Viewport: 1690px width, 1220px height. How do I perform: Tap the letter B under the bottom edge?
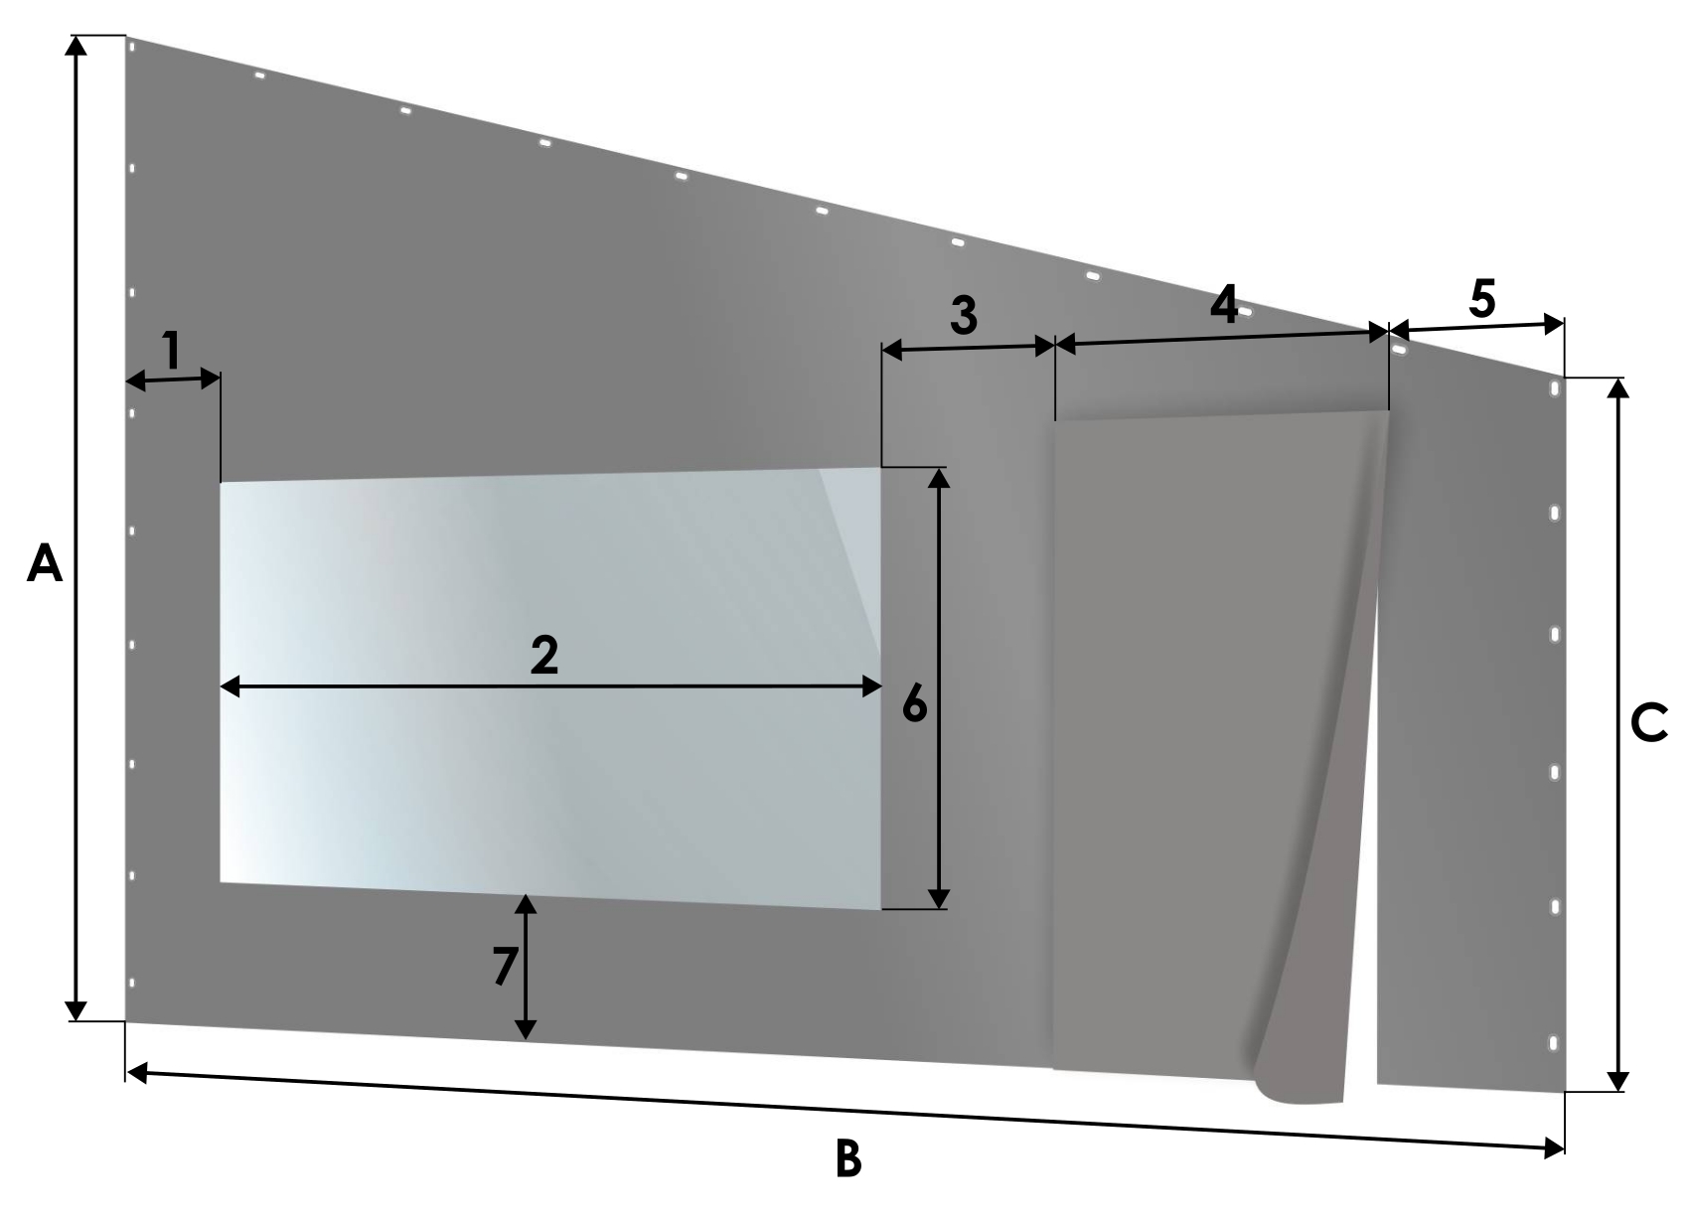848,1158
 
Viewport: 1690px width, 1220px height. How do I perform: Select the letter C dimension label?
1648,723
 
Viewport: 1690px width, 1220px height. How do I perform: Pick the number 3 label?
964,315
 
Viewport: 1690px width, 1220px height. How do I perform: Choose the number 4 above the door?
1224,304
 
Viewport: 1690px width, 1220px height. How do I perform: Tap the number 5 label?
1482,298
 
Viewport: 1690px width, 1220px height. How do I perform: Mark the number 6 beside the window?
914,704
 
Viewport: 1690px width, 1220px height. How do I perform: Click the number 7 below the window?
505,966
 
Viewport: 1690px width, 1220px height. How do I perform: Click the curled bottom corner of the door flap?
1298,1089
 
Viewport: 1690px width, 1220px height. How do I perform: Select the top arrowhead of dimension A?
76,46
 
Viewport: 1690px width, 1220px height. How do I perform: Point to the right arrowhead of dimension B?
1554,1148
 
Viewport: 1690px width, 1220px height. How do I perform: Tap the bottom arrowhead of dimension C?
1616,1081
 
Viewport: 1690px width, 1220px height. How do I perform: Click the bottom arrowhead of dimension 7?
526,1029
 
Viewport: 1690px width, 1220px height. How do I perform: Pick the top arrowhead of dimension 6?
938,478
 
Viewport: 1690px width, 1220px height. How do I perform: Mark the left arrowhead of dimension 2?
230,686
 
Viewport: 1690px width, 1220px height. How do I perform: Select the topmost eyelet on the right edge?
1554,389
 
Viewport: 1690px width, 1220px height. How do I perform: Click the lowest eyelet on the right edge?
1553,1044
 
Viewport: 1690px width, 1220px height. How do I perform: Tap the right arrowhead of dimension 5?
1554,325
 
